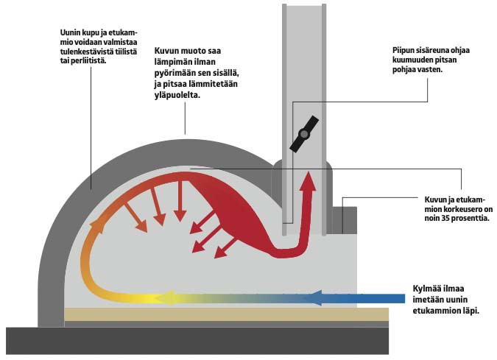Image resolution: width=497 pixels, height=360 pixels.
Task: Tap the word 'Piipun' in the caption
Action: [x=405, y=51]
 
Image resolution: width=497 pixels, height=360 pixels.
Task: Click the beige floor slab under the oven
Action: [x=221, y=314]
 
